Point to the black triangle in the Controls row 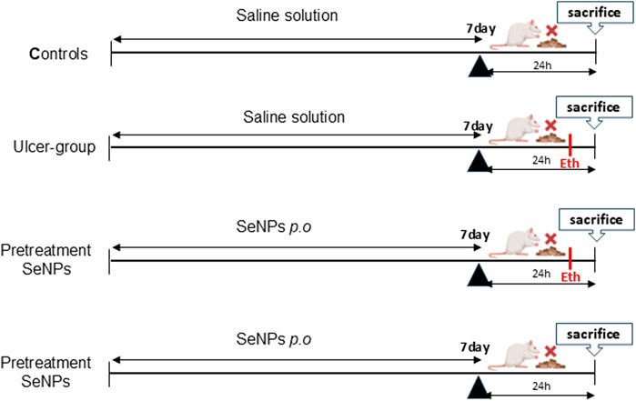click(x=478, y=66)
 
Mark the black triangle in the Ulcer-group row click(x=478, y=160)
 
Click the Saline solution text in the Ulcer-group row click(x=285, y=116)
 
